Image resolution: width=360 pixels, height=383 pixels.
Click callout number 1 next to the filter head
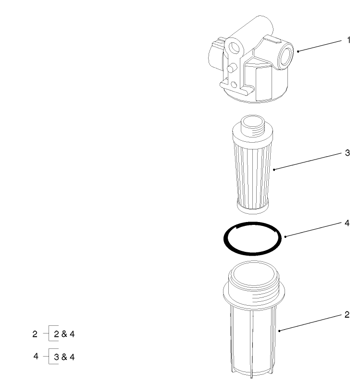click(x=348, y=41)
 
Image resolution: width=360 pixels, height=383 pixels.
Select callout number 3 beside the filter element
click(x=348, y=153)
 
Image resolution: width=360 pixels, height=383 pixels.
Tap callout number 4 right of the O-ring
click(x=348, y=223)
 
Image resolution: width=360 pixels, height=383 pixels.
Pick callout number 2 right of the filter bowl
click(x=347, y=315)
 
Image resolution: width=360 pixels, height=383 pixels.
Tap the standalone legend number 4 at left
click(x=36, y=357)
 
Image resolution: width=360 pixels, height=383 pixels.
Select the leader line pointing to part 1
click(x=322, y=46)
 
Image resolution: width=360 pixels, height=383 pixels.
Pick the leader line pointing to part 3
click(x=308, y=161)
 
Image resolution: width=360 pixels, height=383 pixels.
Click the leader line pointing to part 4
click(x=312, y=230)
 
